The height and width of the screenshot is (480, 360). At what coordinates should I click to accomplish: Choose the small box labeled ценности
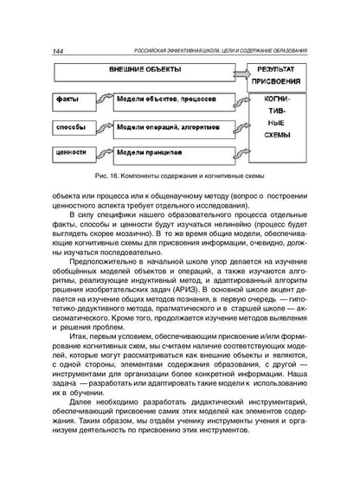tap(68, 152)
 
